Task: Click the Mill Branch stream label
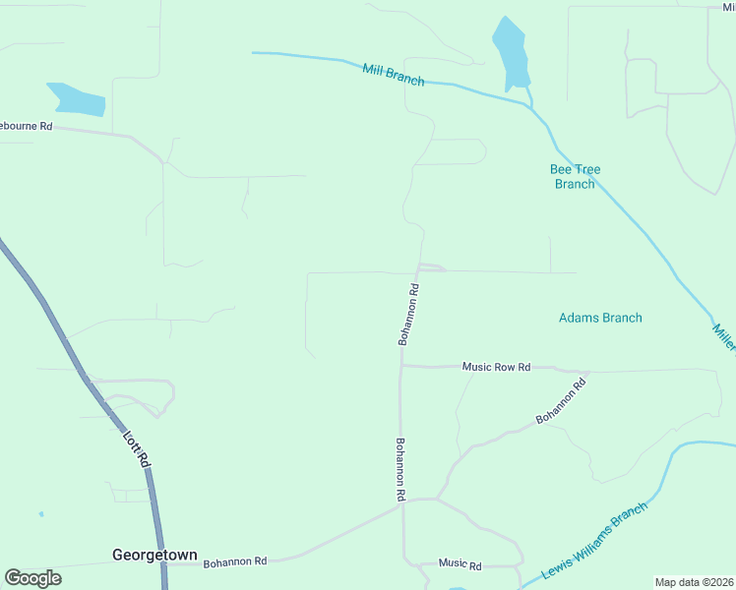click(393, 75)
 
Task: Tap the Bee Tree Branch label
click(575, 177)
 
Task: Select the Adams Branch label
click(600, 318)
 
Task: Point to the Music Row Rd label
click(496, 367)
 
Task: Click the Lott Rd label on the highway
click(137, 447)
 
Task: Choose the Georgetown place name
click(154, 555)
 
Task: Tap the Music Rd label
click(460, 564)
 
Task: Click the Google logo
click(32, 578)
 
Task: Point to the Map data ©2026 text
click(694, 582)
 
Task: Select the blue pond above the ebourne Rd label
click(76, 98)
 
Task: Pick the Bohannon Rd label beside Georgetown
click(235, 562)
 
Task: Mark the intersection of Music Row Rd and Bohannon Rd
click(401, 366)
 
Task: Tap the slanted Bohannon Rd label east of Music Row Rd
click(561, 402)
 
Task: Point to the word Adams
click(580, 318)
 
